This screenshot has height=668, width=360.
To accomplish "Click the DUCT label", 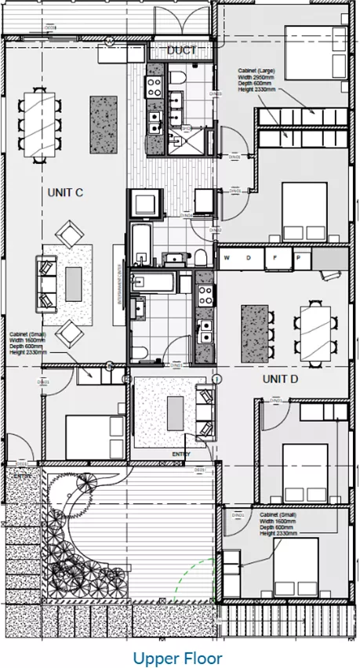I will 181,50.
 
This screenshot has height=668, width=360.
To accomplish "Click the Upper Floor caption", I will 177,658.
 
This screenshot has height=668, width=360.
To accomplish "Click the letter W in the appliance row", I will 226,258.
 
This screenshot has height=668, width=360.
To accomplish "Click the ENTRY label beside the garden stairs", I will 23,474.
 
